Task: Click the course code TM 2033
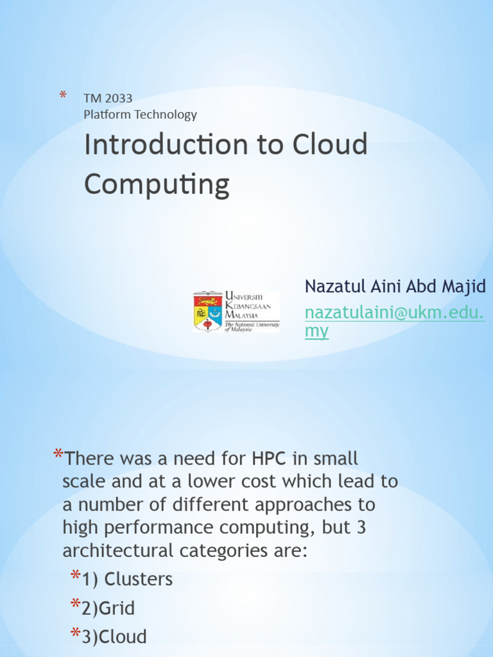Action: point(108,99)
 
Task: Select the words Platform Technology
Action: point(140,115)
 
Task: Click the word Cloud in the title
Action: point(330,145)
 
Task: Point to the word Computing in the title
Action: point(157,185)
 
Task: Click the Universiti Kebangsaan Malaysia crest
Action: point(207,312)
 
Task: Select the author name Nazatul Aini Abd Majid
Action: point(395,286)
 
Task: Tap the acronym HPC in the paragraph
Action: point(270,459)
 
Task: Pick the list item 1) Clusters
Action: point(127,579)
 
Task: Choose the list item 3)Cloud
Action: point(114,636)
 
